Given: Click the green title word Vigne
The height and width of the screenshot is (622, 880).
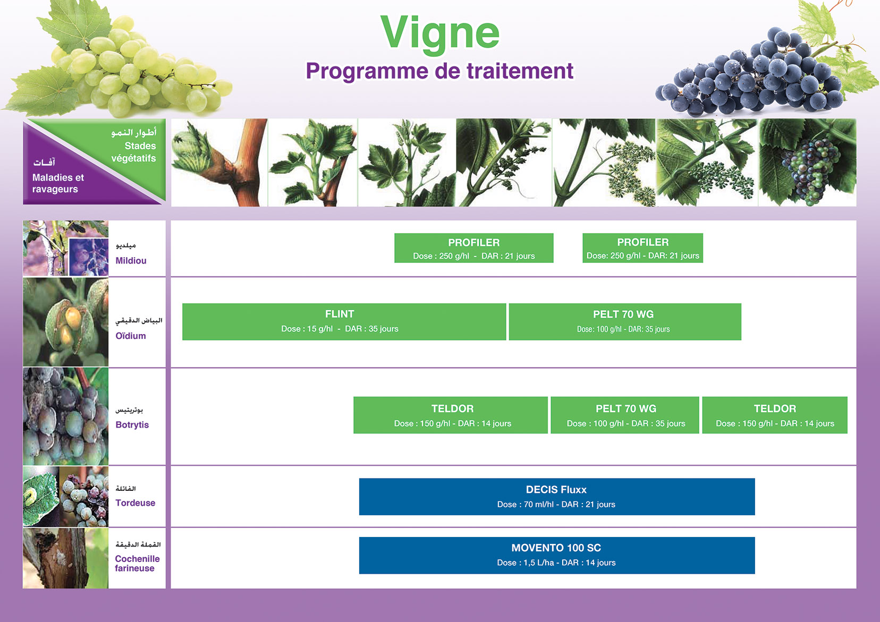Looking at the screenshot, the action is (x=440, y=34).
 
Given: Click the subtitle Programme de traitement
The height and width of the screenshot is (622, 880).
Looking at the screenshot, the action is (x=439, y=71).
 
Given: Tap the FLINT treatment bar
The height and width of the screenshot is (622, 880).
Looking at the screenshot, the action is (x=344, y=321).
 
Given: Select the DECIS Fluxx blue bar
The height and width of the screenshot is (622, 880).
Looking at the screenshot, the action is (x=557, y=496).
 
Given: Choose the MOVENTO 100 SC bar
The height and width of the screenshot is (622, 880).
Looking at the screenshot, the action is (x=557, y=555).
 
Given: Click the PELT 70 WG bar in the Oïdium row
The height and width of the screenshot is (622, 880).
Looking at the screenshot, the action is (x=625, y=321).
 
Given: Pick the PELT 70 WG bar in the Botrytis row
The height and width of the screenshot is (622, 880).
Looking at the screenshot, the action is (x=625, y=415).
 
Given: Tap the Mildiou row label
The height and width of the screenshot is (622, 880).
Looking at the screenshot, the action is (x=131, y=261).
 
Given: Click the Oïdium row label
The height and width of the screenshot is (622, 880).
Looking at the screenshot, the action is (x=130, y=336).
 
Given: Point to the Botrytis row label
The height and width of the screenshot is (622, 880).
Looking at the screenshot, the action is (x=132, y=425).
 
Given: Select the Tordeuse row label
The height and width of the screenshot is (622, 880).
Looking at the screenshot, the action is (x=135, y=502).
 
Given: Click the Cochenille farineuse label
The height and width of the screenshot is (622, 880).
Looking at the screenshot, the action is (x=137, y=563).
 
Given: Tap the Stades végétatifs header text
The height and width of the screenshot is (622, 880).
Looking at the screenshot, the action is (x=133, y=152).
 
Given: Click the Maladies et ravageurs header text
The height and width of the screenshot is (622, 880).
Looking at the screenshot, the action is (x=58, y=183).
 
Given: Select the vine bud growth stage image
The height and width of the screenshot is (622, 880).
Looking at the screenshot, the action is (x=219, y=163).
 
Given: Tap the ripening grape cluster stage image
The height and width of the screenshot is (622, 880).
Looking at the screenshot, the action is (x=807, y=163).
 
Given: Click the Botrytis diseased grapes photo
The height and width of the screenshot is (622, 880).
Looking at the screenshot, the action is (x=65, y=416).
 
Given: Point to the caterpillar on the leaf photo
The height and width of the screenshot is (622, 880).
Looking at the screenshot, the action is (x=41, y=497).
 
